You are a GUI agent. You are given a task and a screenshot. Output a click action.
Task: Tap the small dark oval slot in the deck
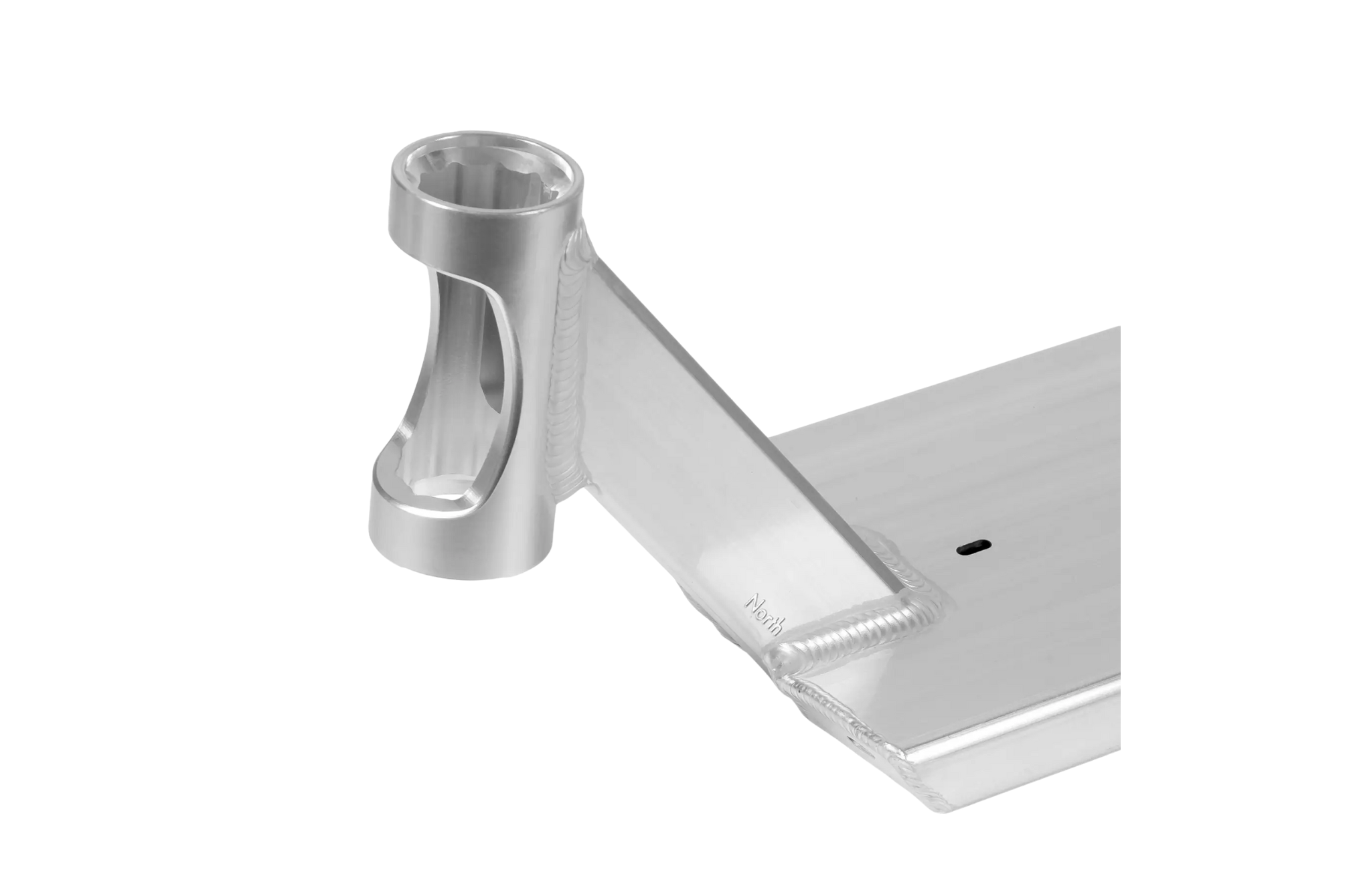[973, 548]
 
